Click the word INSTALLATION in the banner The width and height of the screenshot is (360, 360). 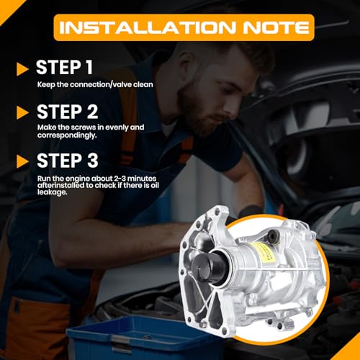click(x=147, y=27)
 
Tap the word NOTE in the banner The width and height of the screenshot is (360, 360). click(x=276, y=27)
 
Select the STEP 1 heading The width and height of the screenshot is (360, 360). click(x=64, y=68)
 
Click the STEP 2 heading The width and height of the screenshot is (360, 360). click(x=68, y=112)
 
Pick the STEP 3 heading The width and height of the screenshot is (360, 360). click(x=68, y=161)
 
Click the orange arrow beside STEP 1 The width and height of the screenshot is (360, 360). click(x=22, y=69)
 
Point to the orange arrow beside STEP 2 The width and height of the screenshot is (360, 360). click(x=22, y=112)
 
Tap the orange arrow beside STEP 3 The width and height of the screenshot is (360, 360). click(x=22, y=161)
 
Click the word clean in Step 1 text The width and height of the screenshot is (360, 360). click(x=143, y=84)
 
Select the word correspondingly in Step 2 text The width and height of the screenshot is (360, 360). click(x=67, y=135)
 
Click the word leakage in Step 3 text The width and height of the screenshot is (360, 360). click(x=52, y=192)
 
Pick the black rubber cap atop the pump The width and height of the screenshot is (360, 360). click(x=273, y=236)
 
